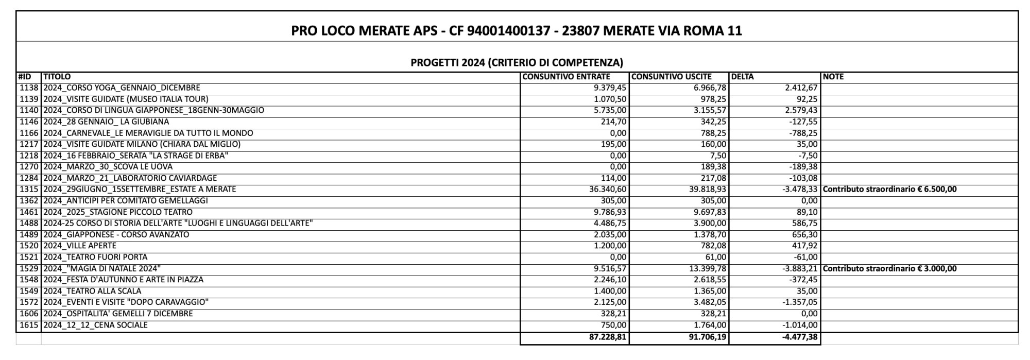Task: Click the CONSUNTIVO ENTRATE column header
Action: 566,77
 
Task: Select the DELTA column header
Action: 742,77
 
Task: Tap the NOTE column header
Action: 833,77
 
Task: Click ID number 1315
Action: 29,190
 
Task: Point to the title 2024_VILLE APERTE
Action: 80,246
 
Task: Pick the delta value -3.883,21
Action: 798,268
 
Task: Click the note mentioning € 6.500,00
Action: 890,190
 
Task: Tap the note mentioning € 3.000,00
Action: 890,268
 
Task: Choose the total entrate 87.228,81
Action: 608,338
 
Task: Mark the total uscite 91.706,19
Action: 707,338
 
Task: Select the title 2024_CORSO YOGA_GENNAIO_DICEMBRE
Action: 122,88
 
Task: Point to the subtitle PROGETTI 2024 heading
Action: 517,63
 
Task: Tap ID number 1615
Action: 29,325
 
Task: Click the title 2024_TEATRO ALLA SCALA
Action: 92,291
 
